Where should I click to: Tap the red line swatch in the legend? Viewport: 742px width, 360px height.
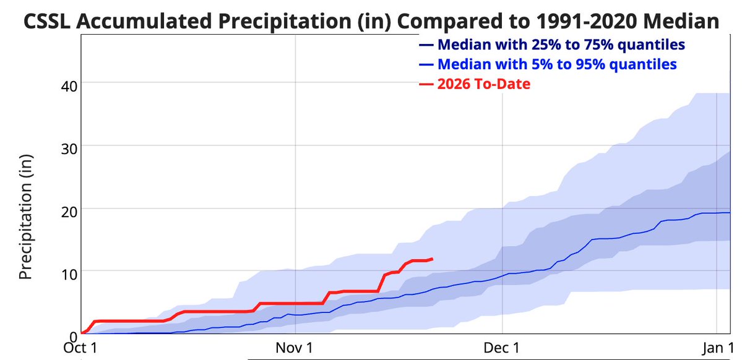(426, 84)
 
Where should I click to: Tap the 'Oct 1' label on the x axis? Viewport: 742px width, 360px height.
(81, 348)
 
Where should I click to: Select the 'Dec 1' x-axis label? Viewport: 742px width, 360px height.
(503, 348)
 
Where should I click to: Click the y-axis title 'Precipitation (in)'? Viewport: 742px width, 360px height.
(25, 216)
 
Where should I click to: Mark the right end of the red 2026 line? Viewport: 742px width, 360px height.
(432, 259)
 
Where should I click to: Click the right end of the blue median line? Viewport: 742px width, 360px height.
(730, 213)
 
